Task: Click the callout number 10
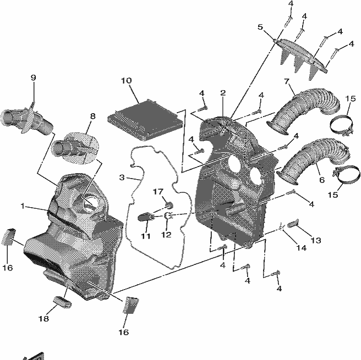[x=127, y=81]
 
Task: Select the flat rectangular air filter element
[x=145, y=119]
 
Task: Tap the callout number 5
[x=260, y=27]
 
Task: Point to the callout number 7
[x=286, y=81]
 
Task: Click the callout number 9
[x=34, y=77]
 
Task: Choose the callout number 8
[x=92, y=117]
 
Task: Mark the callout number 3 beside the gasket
[x=122, y=178]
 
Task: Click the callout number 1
[x=23, y=206]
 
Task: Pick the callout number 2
[x=223, y=93]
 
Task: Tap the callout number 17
[x=158, y=191]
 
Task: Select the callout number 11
[x=145, y=236]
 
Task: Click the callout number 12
[x=166, y=235]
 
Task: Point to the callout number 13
[x=316, y=240]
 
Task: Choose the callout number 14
[x=302, y=248]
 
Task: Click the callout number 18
[x=43, y=319]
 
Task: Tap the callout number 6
[x=322, y=180]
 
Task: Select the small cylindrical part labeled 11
[x=146, y=217]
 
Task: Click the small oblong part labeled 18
[x=62, y=302]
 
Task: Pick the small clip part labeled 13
[x=293, y=223]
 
